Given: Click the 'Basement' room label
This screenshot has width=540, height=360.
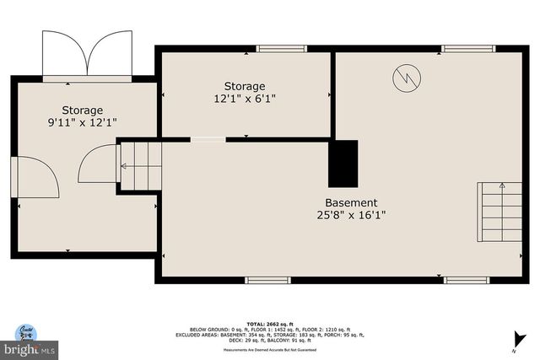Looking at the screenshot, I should [x=351, y=202].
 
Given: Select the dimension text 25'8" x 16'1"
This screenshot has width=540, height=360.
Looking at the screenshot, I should [x=351, y=215].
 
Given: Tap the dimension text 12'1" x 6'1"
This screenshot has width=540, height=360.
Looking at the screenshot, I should [x=245, y=99].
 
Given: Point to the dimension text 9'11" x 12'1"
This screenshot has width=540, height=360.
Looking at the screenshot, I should [x=82, y=122].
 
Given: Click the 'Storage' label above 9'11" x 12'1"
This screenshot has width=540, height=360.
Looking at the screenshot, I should [x=82, y=110].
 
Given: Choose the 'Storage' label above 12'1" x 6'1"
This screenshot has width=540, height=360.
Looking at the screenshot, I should [x=245, y=86].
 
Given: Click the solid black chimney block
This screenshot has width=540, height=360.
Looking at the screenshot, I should [x=343, y=163].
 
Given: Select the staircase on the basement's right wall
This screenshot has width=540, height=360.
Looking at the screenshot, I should [x=500, y=212].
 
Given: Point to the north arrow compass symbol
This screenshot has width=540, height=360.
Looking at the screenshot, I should [x=515, y=342].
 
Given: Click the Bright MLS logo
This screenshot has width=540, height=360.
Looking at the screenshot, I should [x=29, y=340].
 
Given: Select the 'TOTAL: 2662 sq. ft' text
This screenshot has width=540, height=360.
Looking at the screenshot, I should [x=269, y=323].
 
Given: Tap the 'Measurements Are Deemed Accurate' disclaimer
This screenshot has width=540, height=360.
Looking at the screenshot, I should [x=269, y=349].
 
